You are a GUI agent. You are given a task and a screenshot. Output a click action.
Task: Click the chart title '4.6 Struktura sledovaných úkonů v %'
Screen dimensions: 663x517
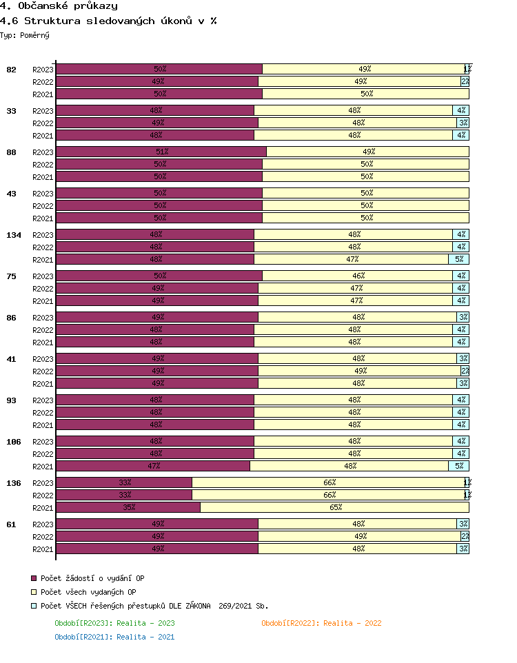(x=108, y=21)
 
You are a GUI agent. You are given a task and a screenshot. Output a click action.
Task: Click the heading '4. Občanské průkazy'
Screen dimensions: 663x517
(x=59, y=6)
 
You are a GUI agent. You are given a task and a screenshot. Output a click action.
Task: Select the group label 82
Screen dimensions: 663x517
(x=11, y=70)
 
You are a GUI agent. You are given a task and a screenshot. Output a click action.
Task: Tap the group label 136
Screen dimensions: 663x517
(x=14, y=483)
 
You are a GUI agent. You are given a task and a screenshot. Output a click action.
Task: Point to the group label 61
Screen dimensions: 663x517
(x=11, y=524)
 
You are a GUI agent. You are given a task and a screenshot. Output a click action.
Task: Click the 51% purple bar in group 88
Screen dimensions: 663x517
(x=161, y=152)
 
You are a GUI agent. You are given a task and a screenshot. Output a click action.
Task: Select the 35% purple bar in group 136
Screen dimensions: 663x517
(x=128, y=507)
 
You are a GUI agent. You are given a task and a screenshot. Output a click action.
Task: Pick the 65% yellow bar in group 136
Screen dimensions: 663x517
(x=335, y=507)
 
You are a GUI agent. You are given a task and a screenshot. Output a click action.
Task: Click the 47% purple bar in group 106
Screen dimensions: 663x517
(x=153, y=466)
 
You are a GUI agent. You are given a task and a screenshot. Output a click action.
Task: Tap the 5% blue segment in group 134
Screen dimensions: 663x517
(x=459, y=259)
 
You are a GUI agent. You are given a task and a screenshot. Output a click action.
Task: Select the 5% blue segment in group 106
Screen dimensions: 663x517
(x=459, y=466)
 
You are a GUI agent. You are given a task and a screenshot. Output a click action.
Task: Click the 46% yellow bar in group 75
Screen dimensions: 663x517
(x=358, y=276)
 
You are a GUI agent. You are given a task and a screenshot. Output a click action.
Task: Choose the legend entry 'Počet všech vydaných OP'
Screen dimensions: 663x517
(x=88, y=592)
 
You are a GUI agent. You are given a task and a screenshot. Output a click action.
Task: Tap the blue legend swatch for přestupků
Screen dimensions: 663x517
(x=33, y=606)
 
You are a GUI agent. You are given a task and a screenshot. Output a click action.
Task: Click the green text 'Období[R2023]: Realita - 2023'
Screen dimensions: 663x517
(x=114, y=623)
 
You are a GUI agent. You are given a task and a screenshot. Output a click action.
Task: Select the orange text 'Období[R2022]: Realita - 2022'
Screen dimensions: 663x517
(x=321, y=623)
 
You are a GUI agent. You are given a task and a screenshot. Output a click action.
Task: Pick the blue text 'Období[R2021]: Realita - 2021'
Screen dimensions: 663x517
(x=114, y=637)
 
